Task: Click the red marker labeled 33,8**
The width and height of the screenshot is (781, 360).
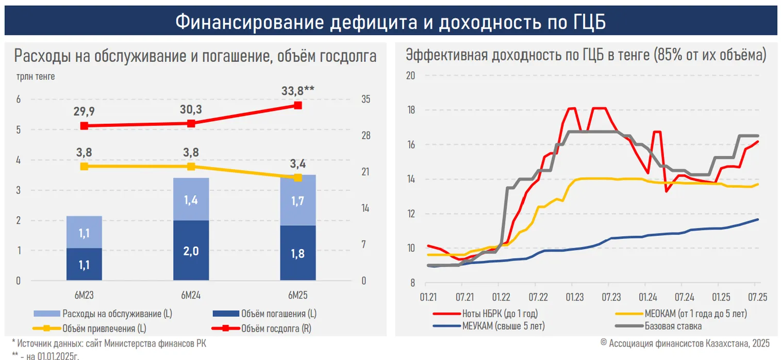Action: pyautogui.click(x=297, y=105)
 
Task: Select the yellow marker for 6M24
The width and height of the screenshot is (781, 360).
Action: pyautogui.click(x=191, y=166)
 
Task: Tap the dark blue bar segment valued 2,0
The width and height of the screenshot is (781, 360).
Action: pyautogui.click(x=191, y=250)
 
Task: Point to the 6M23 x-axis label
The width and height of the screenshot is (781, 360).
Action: pyautogui.click(x=84, y=295)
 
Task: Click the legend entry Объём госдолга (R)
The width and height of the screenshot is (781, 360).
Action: pyautogui.click(x=276, y=328)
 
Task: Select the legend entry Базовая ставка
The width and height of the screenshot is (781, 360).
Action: pyautogui.click(x=672, y=326)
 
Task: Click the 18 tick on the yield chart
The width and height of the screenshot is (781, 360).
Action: pyautogui.click(x=411, y=110)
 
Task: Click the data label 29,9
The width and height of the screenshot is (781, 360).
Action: pyautogui.click(x=84, y=112)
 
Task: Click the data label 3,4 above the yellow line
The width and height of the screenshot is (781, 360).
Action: pyautogui.click(x=297, y=165)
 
